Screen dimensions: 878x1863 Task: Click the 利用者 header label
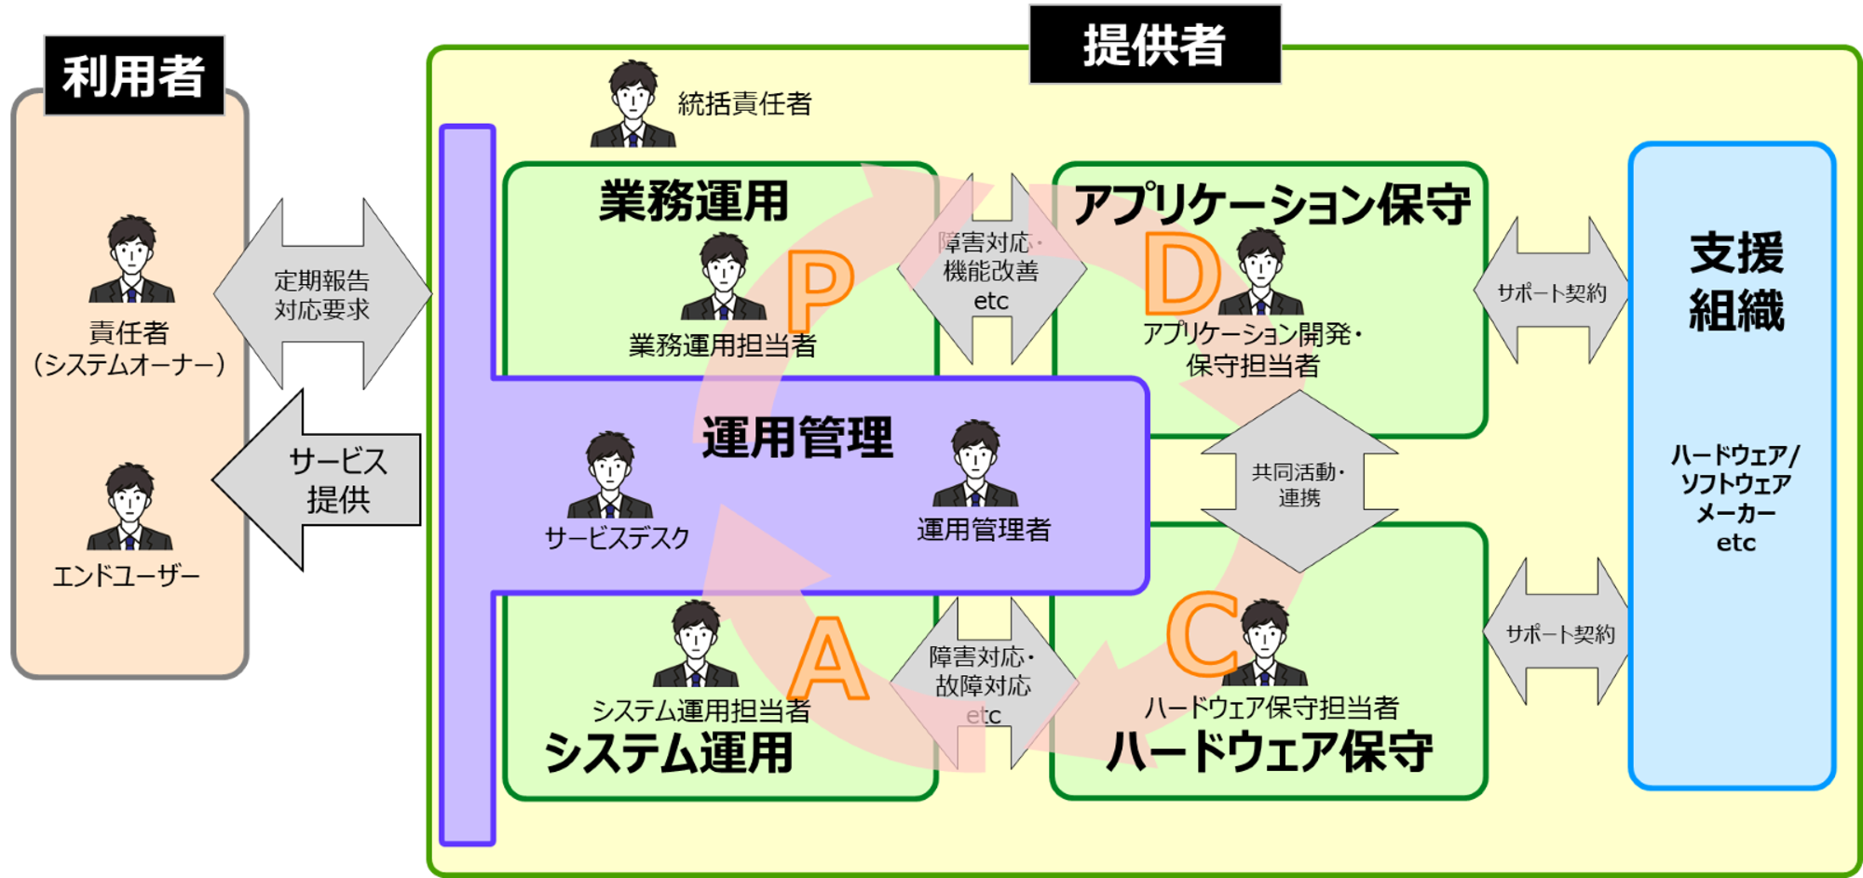(134, 75)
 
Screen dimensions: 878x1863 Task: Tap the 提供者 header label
(1154, 45)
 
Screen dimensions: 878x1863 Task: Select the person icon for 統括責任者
(632, 104)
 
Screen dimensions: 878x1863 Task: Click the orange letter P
(820, 291)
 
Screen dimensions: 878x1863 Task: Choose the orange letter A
(828, 660)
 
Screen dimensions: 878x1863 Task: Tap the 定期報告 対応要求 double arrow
(322, 294)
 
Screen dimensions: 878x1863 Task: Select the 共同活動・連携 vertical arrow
(1299, 481)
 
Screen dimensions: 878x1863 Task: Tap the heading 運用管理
(797, 438)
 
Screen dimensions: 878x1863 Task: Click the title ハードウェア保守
(1269, 752)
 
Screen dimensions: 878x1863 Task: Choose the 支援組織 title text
(1736, 281)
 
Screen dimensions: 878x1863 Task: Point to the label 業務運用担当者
(722, 346)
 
